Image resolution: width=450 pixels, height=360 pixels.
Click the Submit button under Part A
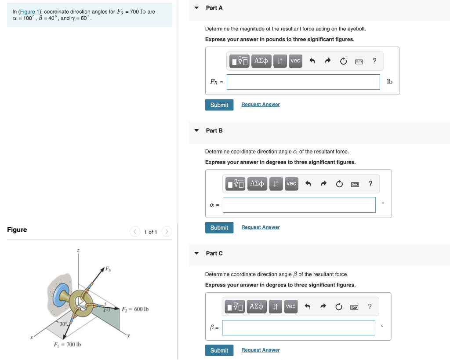pyautogui.click(x=219, y=105)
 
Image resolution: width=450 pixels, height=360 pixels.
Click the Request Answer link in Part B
pyautogui.click(x=260, y=227)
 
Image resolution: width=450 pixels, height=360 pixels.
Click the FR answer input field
pyautogui.click(x=303, y=82)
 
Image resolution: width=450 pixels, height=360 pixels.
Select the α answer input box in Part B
pyautogui.click(x=299, y=205)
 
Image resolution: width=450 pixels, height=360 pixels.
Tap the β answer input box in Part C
pyautogui.click(x=298, y=327)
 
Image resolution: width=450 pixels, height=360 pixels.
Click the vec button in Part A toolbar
pyautogui.click(x=295, y=61)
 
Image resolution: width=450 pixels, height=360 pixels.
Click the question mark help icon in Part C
pyautogui.click(x=370, y=306)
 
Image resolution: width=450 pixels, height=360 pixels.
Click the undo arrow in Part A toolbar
pyautogui.click(x=312, y=61)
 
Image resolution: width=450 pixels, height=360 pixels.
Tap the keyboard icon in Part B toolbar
pyautogui.click(x=355, y=184)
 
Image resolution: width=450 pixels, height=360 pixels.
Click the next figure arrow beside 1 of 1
pyautogui.click(x=167, y=232)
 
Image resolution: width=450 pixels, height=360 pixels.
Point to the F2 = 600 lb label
pyautogui.click(x=135, y=309)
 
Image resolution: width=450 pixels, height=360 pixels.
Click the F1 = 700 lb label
pyautogui.click(x=67, y=344)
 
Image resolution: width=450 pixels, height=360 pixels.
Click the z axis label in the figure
pyautogui.click(x=79, y=251)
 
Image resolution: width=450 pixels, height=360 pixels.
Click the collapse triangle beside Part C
pyautogui.click(x=196, y=253)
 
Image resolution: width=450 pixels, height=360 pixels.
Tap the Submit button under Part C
pyautogui.click(x=219, y=350)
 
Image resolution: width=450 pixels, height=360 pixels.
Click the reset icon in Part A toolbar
pyautogui.click(x=343, y=61)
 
